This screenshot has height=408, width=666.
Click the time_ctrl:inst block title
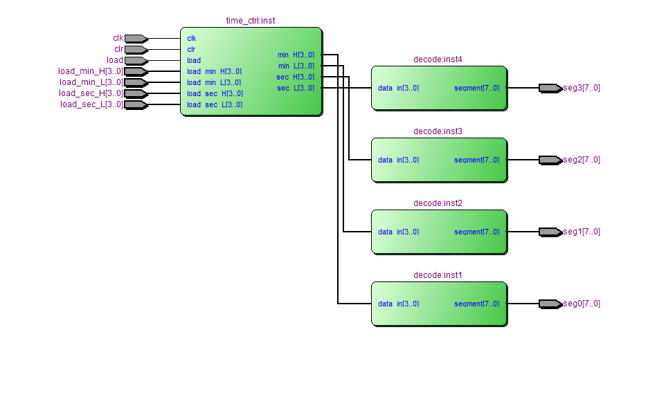250,21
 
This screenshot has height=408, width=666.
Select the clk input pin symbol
136,38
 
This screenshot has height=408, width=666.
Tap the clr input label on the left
118,49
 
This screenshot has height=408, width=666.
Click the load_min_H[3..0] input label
91,71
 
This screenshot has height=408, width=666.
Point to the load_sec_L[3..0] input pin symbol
136,104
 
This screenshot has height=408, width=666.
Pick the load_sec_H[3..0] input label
91,93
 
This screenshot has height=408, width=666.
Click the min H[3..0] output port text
296,55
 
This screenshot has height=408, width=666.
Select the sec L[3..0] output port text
296,88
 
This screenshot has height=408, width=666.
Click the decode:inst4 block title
438,59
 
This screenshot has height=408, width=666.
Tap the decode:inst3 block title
438,131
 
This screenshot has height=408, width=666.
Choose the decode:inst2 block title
438,203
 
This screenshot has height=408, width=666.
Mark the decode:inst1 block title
438,275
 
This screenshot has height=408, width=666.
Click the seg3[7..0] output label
582,88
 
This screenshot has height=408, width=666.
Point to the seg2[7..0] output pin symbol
550,160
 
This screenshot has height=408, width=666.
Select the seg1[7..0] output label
582,232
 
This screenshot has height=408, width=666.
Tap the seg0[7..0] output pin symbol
550,304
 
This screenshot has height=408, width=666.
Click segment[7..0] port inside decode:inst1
476,304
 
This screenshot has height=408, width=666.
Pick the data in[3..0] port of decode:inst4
398,88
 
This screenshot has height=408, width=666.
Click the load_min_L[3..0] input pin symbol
136,82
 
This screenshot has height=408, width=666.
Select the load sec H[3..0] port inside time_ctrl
215,93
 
